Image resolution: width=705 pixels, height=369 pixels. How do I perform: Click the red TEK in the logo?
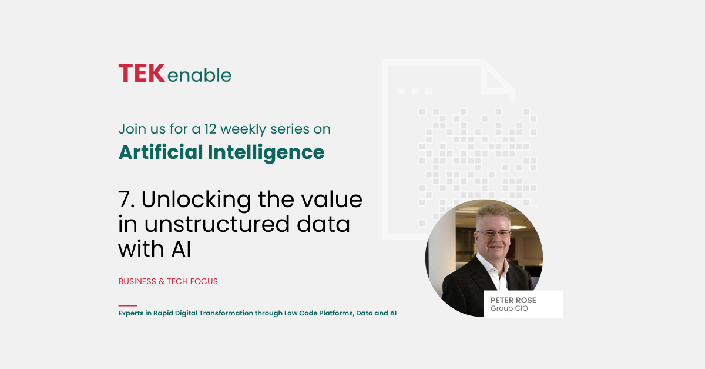(142, 73)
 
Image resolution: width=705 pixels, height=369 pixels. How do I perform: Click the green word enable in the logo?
(200, 75)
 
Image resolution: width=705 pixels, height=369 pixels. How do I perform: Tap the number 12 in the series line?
(210, 129)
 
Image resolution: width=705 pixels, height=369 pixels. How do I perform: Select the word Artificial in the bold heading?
(160, 152)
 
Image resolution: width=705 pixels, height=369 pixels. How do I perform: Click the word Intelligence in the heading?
(266, 153)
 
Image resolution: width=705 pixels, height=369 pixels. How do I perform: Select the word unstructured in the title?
(217, 224)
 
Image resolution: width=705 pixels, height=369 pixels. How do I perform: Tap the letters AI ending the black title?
(182, 249)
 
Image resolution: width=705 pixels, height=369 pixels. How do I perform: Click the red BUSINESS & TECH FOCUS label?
(168, 281)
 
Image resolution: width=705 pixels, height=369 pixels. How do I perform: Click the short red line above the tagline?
(128, 305)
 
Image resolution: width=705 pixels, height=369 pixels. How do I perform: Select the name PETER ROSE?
(513, 300)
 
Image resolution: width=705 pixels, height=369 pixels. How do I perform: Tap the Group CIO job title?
(509, 308)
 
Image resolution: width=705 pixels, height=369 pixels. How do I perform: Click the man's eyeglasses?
(493, 234)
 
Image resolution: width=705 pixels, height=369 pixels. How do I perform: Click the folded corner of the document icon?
(499, 79)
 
